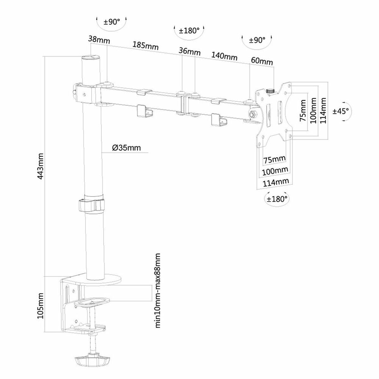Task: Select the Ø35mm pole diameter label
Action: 127,148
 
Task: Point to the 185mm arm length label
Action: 145,45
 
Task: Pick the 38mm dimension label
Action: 99,40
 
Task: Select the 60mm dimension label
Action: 262,61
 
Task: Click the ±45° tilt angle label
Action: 341,111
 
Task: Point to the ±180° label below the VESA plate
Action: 277,199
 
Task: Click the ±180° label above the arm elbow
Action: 189,31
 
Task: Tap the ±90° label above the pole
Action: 112,22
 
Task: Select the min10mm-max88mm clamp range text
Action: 158,290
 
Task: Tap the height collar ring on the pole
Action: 91,206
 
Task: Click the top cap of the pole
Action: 91,58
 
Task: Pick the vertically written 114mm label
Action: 323,111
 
